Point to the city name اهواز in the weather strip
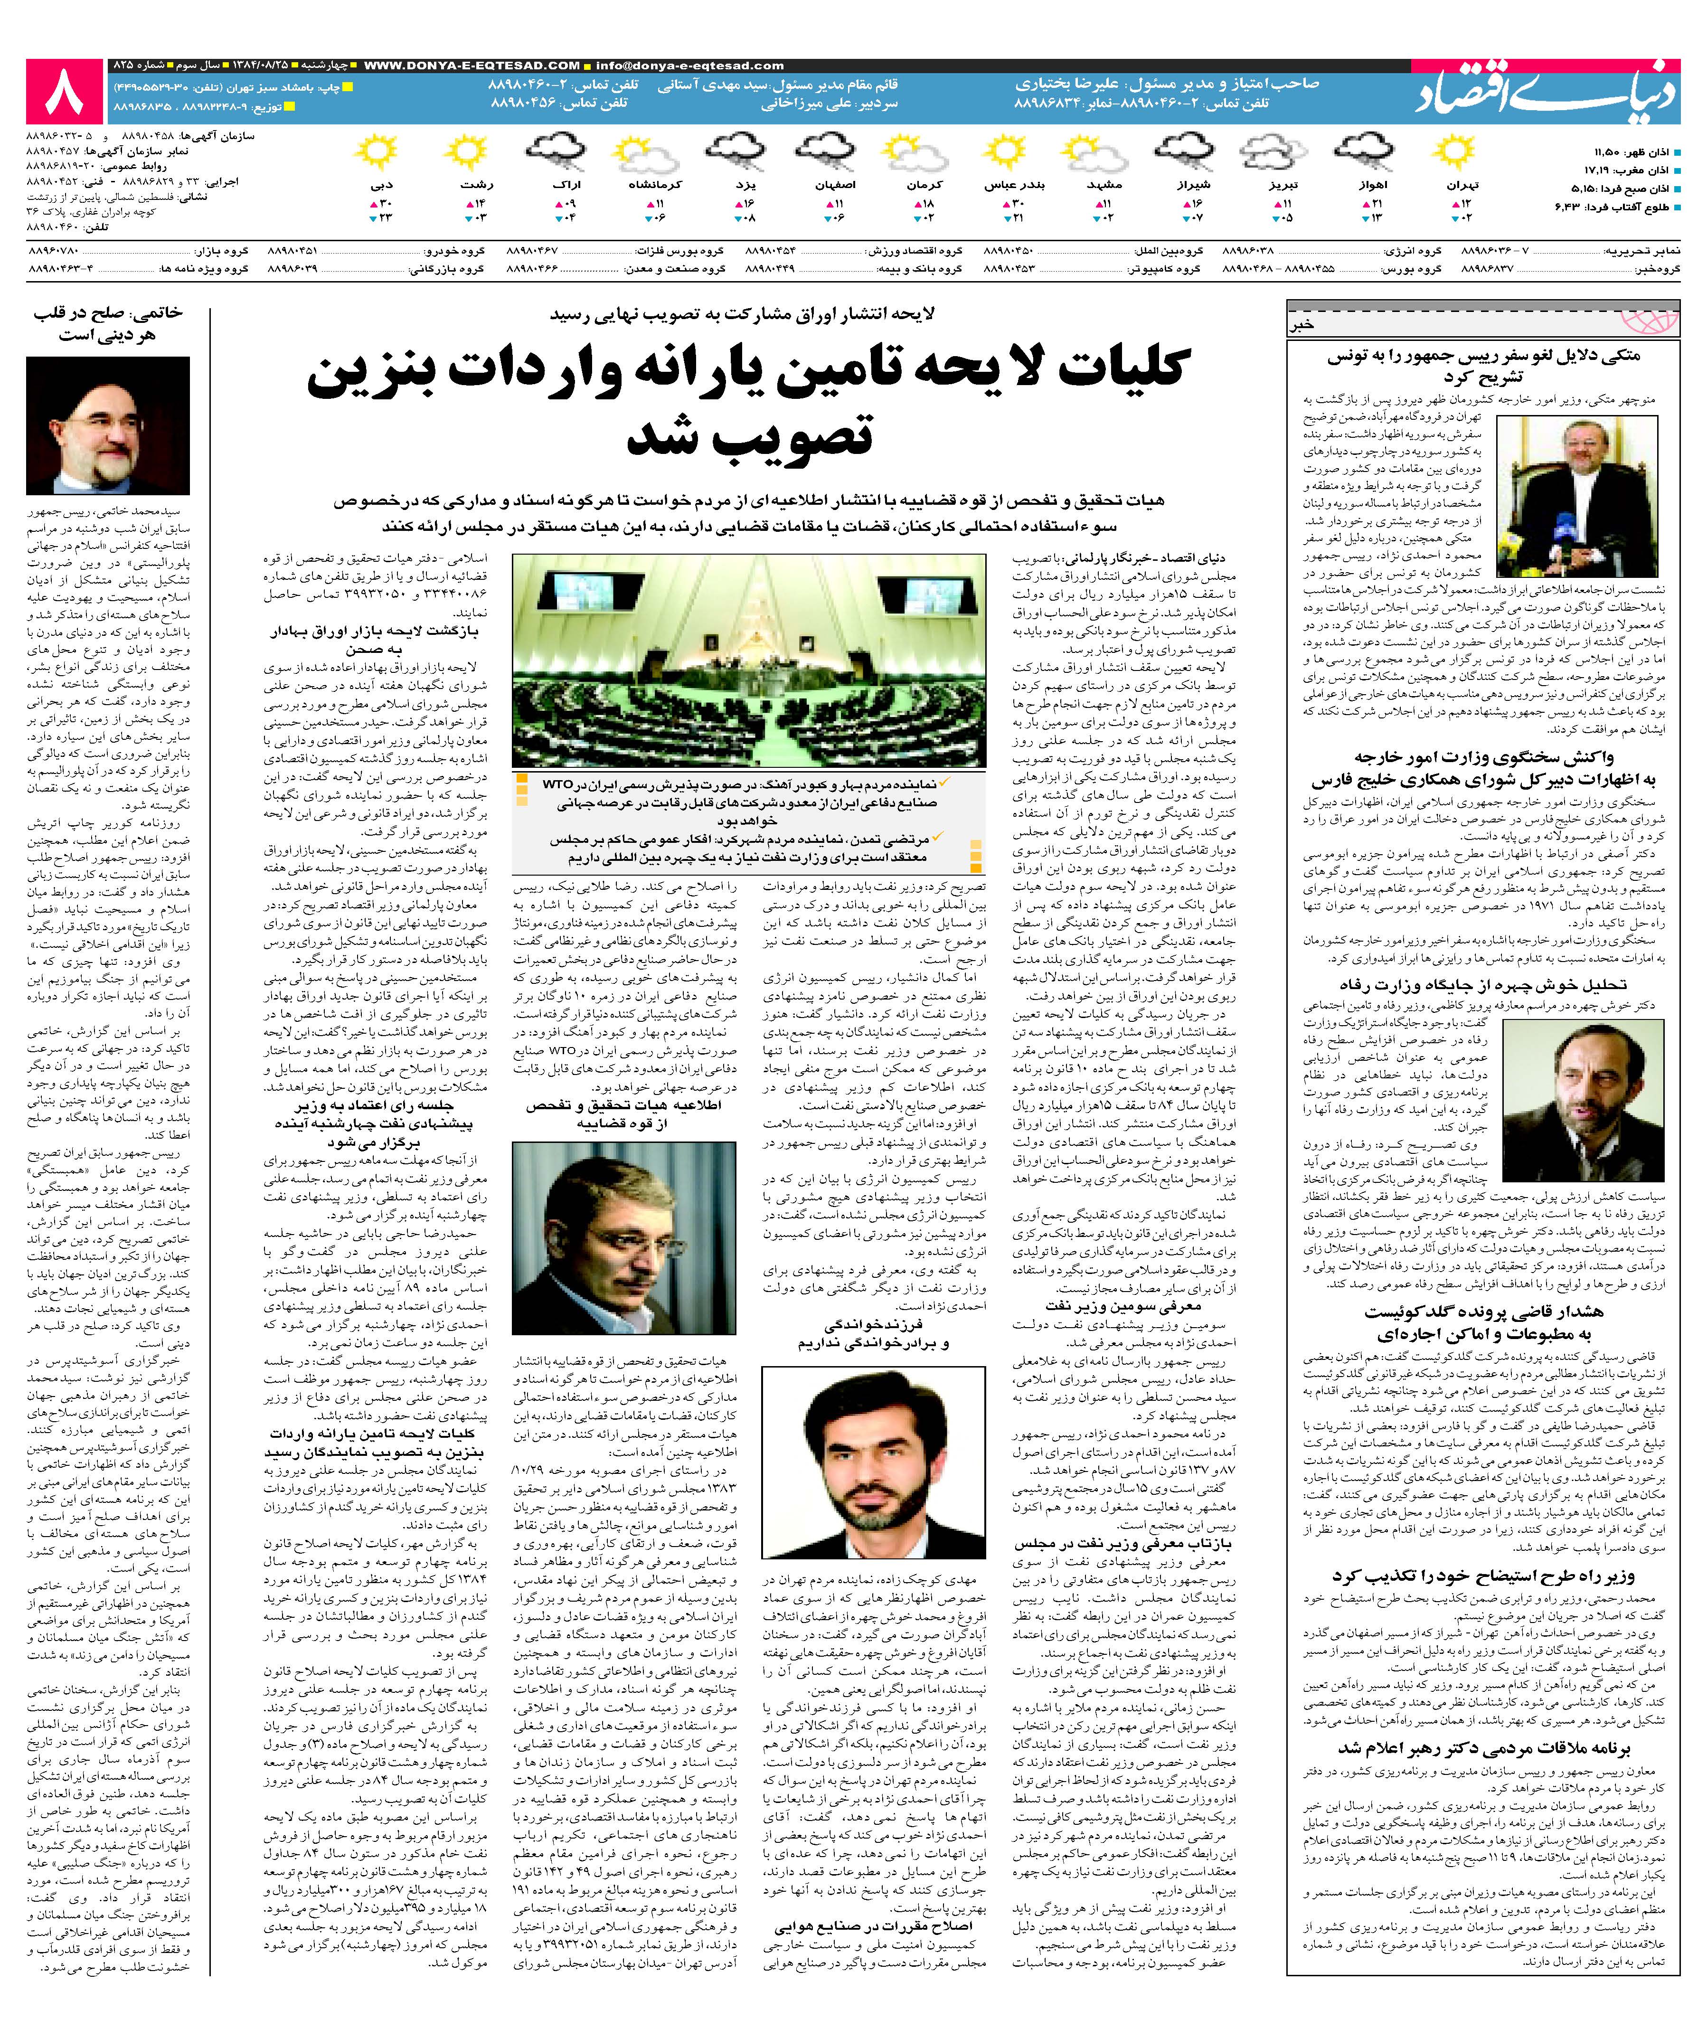pyautogui.click(x=1374, y=184)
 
